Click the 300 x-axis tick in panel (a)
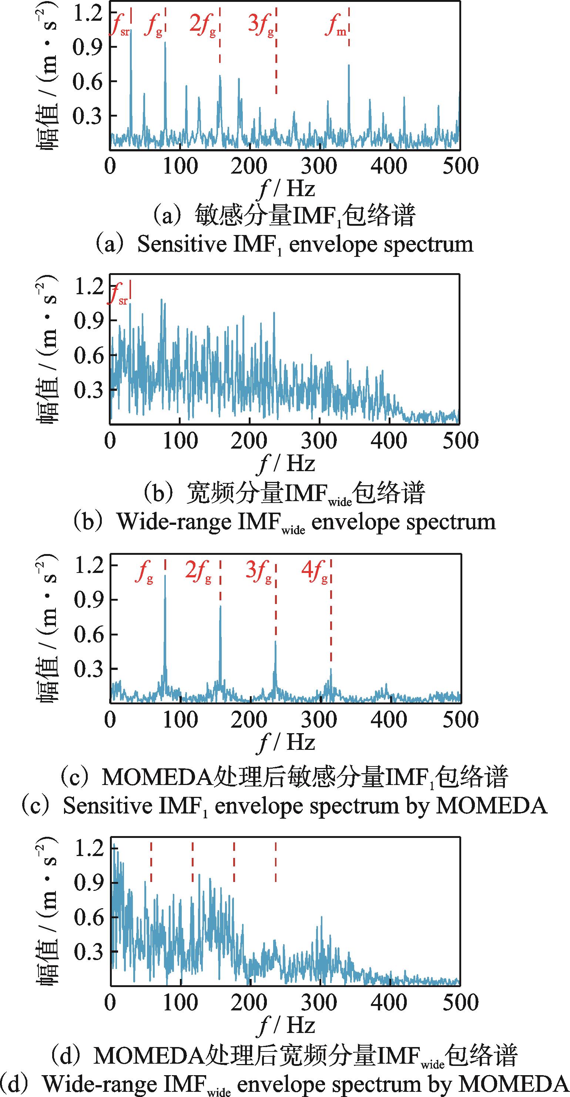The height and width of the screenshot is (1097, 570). (x=319, y=166)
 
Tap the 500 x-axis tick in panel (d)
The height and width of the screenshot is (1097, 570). (x=460, y=1003)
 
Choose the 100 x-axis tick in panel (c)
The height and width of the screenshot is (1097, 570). (x=180, y=720)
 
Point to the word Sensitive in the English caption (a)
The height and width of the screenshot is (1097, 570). (x=182, y=244)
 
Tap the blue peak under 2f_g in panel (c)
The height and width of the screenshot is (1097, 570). (x=220, y=607)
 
